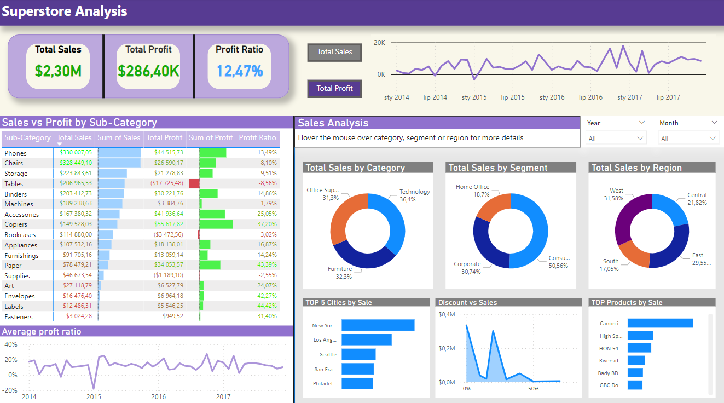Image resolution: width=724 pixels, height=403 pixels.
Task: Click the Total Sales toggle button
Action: [x=334, y=52]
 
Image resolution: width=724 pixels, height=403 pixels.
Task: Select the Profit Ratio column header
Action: [x=257, y=138]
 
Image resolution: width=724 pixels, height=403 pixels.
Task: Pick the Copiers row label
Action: [x=16, y=224]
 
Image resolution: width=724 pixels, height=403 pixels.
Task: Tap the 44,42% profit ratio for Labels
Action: [x=267, y=306]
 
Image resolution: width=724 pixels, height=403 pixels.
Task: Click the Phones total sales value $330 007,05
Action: [x=76, y=153]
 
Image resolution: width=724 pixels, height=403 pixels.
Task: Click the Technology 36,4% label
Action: [x=414, y=195]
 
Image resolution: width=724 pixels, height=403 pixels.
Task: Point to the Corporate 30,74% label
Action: [x=467, y=268]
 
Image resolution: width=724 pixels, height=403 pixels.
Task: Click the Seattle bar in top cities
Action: [x=358, y=354]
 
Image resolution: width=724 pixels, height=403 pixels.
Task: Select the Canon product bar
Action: [x=659, y=323]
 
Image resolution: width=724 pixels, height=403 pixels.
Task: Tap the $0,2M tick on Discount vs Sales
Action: [x=447, y=348]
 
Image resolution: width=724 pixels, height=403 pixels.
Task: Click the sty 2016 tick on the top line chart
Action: [x=552, y=97]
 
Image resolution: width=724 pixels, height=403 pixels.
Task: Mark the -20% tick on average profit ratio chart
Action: [x=10, y=390]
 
